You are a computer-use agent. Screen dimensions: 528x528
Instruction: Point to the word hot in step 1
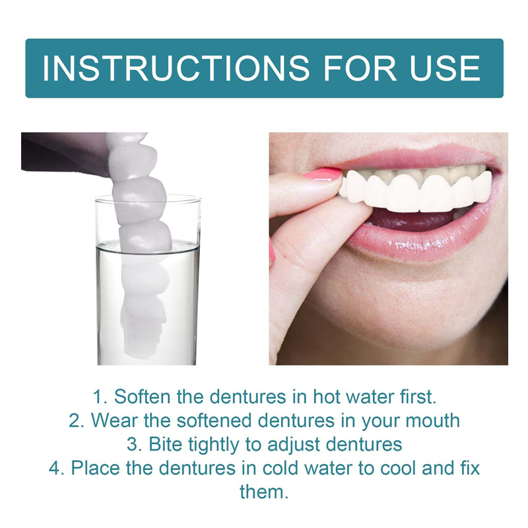coord(319,397)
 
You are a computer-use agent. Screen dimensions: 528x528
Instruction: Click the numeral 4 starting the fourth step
coord(54,468)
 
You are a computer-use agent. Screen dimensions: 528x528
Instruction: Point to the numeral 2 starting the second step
coord(74,420)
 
